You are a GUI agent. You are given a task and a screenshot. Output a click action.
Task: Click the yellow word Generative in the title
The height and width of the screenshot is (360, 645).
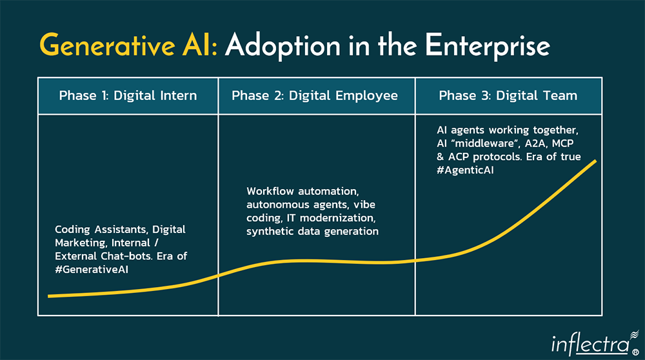[123, 46]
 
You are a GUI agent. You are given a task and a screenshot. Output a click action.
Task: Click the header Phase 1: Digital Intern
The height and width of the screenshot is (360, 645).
[128, 96]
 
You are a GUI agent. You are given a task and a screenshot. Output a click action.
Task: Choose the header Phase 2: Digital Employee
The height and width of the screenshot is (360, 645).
[315, 96]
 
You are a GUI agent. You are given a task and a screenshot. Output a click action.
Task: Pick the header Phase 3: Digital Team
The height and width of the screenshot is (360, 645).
[508, 96]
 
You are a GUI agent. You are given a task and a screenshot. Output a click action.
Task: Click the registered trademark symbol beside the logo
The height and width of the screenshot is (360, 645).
[633, 352]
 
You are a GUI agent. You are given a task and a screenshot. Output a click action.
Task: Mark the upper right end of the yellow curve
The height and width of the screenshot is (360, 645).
[595, 160]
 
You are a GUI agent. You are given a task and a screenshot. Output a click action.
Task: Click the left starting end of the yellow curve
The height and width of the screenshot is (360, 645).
[50, 296]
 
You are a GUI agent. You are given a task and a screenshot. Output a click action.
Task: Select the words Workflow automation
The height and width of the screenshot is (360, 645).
[302, 192]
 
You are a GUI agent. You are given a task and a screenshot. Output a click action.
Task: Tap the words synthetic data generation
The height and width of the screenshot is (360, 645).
[312, 231]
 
